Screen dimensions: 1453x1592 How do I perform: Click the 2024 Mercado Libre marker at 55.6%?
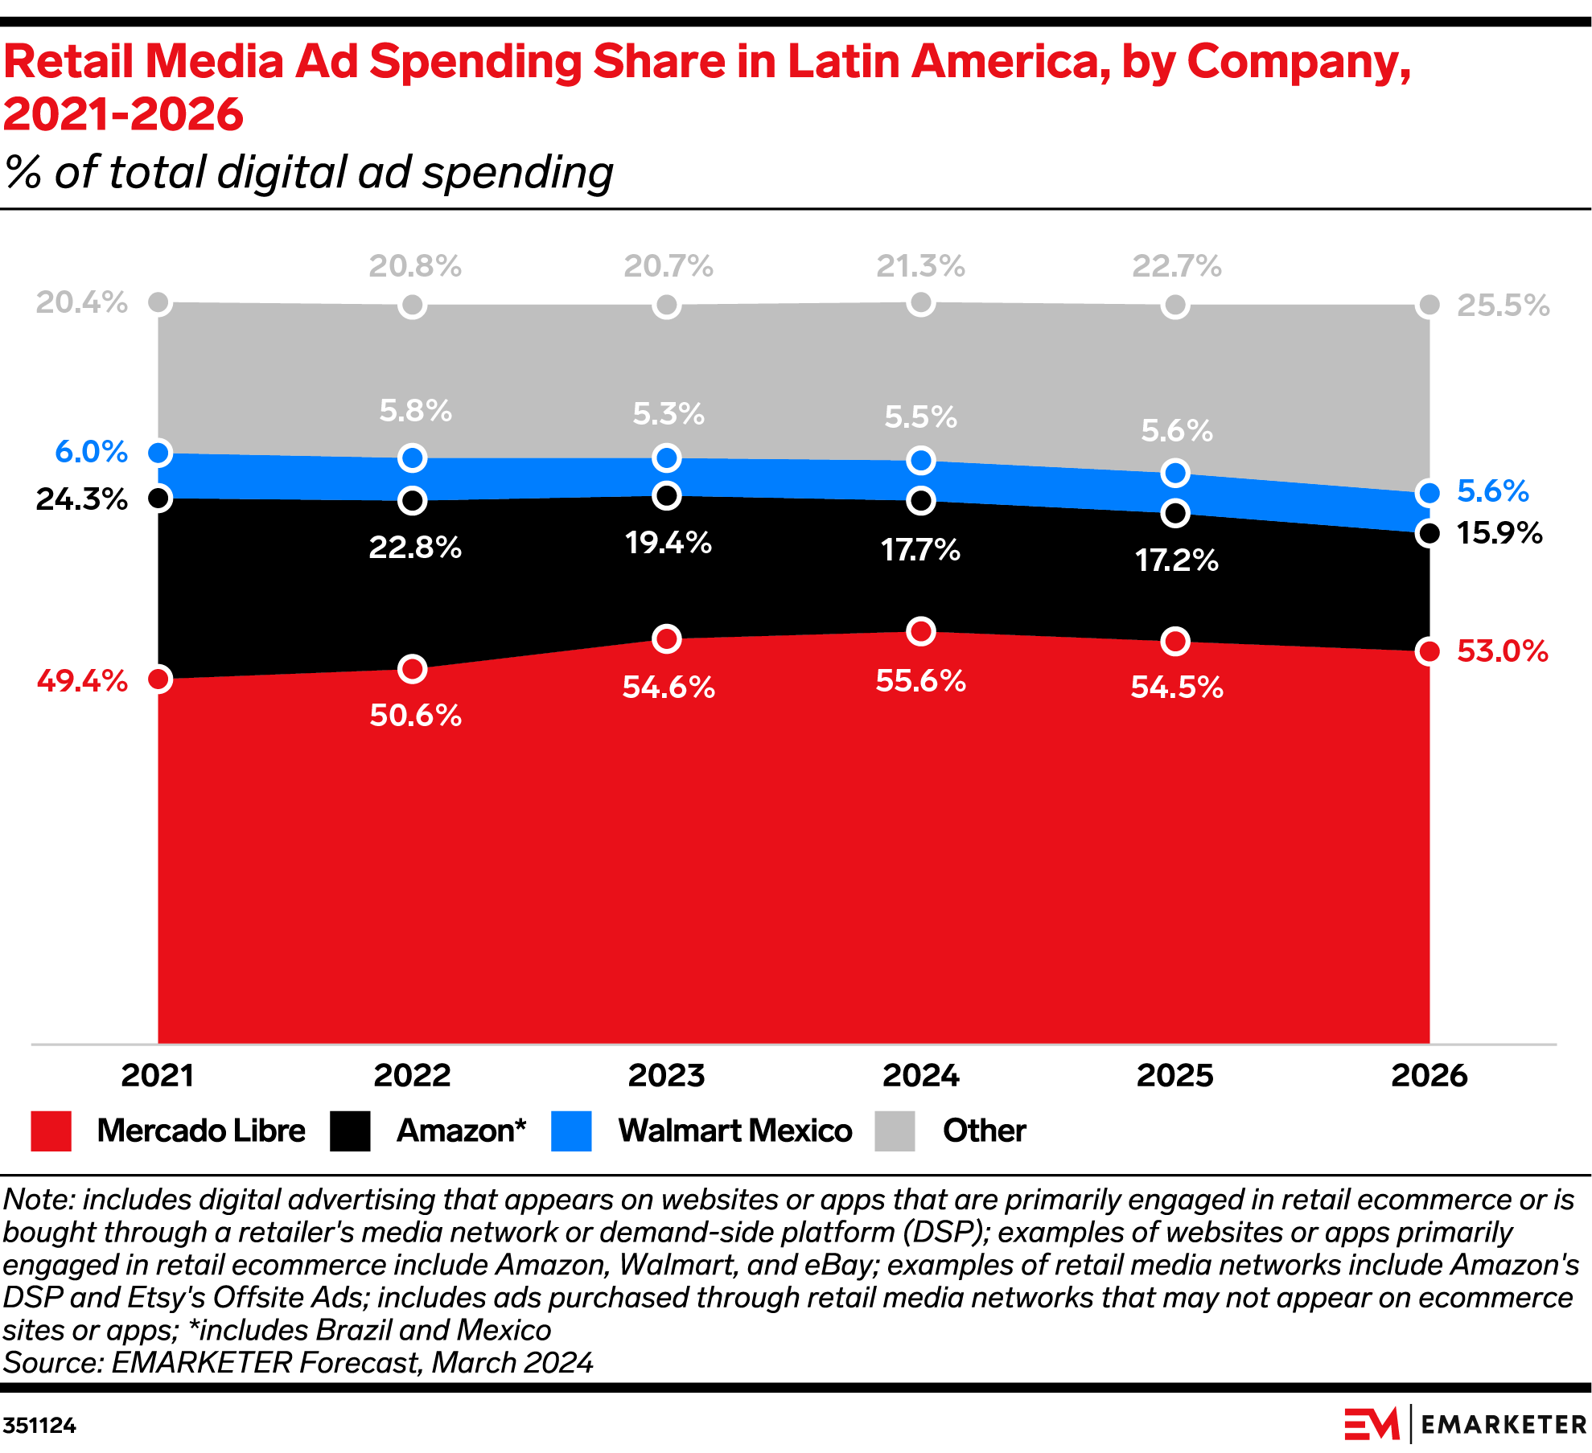(x=920, y=631)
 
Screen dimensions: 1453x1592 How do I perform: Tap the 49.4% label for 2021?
(x=82, y=681)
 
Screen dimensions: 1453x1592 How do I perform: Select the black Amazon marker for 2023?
(x=666, y=495)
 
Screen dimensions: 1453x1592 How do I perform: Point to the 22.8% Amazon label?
(x=415, y=548)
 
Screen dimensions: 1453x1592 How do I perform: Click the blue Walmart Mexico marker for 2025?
(x=1175, y=473)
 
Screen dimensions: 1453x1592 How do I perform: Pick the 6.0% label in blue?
(x=91, y=452)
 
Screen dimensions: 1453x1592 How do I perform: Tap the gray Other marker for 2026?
(x=1429, y=305)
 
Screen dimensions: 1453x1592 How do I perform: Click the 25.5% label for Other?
(x=1503, y=306)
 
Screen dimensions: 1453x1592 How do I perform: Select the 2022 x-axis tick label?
(x=412, y=1076)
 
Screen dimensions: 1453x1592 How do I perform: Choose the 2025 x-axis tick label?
(x=1174, y=1076)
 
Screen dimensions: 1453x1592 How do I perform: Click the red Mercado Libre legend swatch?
(x=51, y=1131)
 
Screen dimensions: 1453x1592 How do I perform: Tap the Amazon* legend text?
(x=461, y=1131)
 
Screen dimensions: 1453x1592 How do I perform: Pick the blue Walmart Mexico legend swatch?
(x=571, y=1131)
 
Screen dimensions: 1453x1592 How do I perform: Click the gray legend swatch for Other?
(x=895, y=1131)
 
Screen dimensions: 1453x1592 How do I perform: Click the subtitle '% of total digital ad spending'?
(x=309, y=172)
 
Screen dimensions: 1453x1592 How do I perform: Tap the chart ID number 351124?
(x=39, y=1426)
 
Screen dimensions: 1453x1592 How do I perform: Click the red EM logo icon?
(x=1372, y=1424)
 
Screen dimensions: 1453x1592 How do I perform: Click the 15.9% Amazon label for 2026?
(x=1499, y=533)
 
